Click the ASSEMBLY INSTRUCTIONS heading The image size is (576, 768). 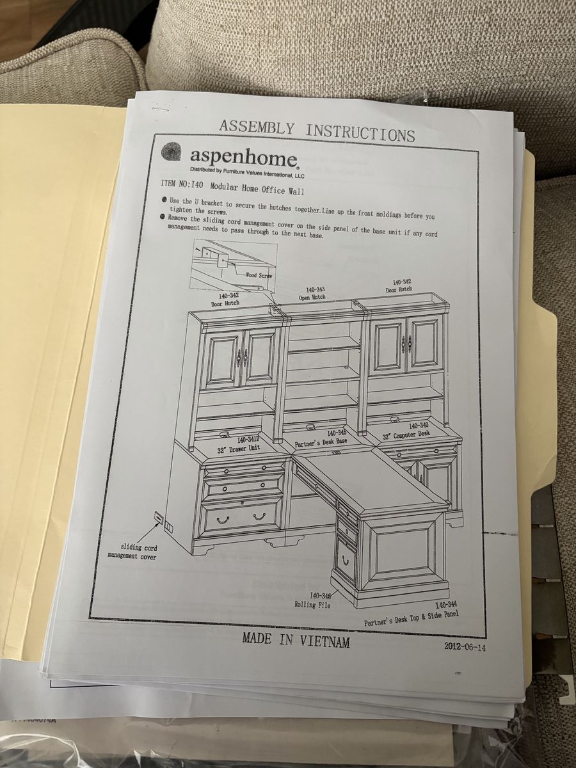click(317, 131)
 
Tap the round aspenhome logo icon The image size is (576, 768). click(172, 153)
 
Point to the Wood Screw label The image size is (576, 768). click(259, 275)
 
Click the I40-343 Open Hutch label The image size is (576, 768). click(312, 294)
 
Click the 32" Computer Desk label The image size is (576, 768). click(406, 431)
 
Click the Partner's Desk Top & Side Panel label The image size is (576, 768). click(412, 618)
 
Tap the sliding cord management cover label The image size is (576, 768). click(131, 552)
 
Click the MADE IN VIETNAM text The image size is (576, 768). click(296, 639)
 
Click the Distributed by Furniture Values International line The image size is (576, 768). click(247, 172)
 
